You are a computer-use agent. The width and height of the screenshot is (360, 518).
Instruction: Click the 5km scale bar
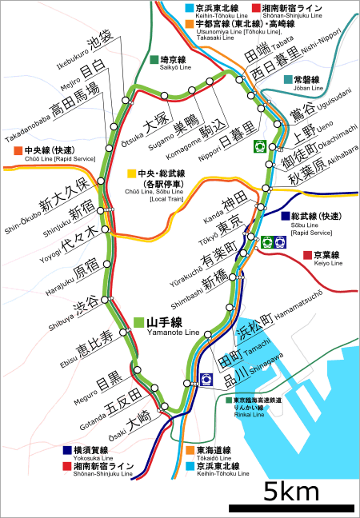click(291, 507)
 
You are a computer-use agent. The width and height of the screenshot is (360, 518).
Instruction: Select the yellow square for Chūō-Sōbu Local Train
click(130, 173)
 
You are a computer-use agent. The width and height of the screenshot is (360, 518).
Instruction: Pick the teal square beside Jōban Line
click(287, 80)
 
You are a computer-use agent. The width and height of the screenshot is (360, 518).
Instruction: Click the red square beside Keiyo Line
click(307, 255)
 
